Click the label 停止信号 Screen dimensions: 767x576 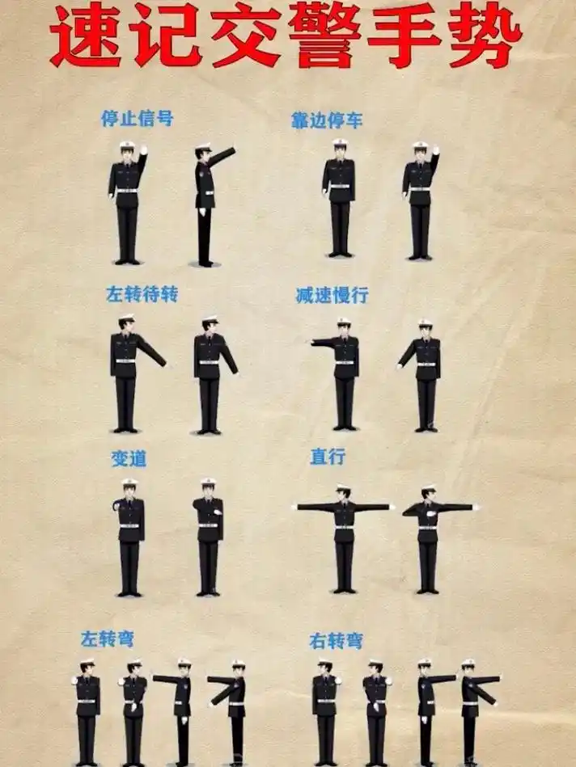pyautogui.click(x=137, y=119)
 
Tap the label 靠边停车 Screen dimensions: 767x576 pyautogui.click(x=327, y=121)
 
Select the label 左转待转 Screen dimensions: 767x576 pyautogui.click(x=142, y=294)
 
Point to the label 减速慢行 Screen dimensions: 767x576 pyautogui.click(x=332, y=296)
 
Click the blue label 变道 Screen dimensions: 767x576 pyautogui.click(x=129, y=458)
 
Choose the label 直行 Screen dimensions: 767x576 pyautogui.click(x=327, y=457)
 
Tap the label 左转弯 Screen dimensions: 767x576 pyautogui.click(x=107, y=639)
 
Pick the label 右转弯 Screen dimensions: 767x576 pyautogui.click(x=336, y=642)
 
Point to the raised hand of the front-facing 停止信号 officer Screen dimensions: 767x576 pyautogui.click(x=143, y=150)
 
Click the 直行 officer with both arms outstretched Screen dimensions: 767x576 pyautogui.click(x=344, y=533)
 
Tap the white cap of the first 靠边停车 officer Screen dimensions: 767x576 pyautogui.click(x=340, y=144)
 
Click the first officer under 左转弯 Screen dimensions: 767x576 pyautogui.click(x=87, y=711)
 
